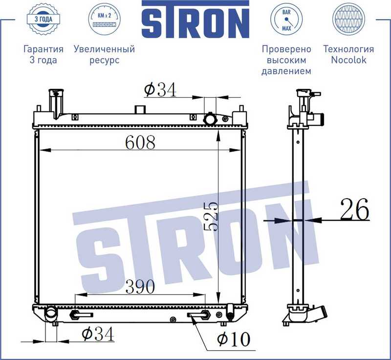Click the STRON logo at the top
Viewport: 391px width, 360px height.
[195, 21]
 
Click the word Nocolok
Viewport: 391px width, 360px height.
[348, 60]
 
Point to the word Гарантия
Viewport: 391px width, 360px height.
[43, 49]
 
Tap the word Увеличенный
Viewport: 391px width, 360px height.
[104, 49]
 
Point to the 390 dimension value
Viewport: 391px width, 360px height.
[140, 287]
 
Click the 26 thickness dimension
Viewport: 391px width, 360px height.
[354, 210]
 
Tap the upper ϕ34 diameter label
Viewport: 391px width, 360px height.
[160, 90]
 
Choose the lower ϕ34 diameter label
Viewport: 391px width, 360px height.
[98, 335]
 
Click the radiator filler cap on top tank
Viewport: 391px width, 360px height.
[211, 118]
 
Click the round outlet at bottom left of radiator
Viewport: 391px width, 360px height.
[51, 314]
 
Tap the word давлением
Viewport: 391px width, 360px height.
[286, 71]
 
